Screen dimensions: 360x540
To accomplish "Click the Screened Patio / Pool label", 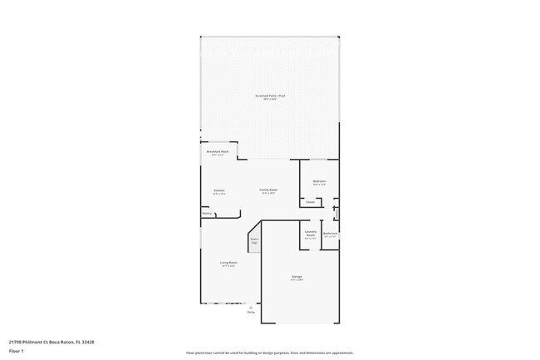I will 270,96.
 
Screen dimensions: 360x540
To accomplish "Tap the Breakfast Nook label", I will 218,152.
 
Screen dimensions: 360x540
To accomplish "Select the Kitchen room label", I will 219,190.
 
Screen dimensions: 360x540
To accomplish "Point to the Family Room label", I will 268,190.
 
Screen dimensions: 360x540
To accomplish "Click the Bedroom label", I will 319,181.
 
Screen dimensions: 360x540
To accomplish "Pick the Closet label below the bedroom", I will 310,202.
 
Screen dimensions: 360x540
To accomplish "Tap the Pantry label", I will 207,214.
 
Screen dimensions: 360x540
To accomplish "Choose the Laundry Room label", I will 310,234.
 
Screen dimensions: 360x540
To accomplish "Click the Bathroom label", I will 330,234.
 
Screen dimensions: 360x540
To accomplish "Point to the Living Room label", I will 228,263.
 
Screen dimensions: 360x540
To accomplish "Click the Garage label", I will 297,276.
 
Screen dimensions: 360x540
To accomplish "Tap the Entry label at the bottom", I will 251,313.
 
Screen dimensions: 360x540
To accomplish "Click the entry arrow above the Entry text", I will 251,308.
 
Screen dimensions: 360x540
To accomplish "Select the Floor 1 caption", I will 17,352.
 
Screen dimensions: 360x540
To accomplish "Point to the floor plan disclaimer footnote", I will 270,353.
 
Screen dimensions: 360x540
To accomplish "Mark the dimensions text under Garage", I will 297,280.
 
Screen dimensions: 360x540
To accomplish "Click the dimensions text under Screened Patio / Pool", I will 270,100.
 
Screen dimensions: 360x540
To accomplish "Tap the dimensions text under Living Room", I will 228,267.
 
